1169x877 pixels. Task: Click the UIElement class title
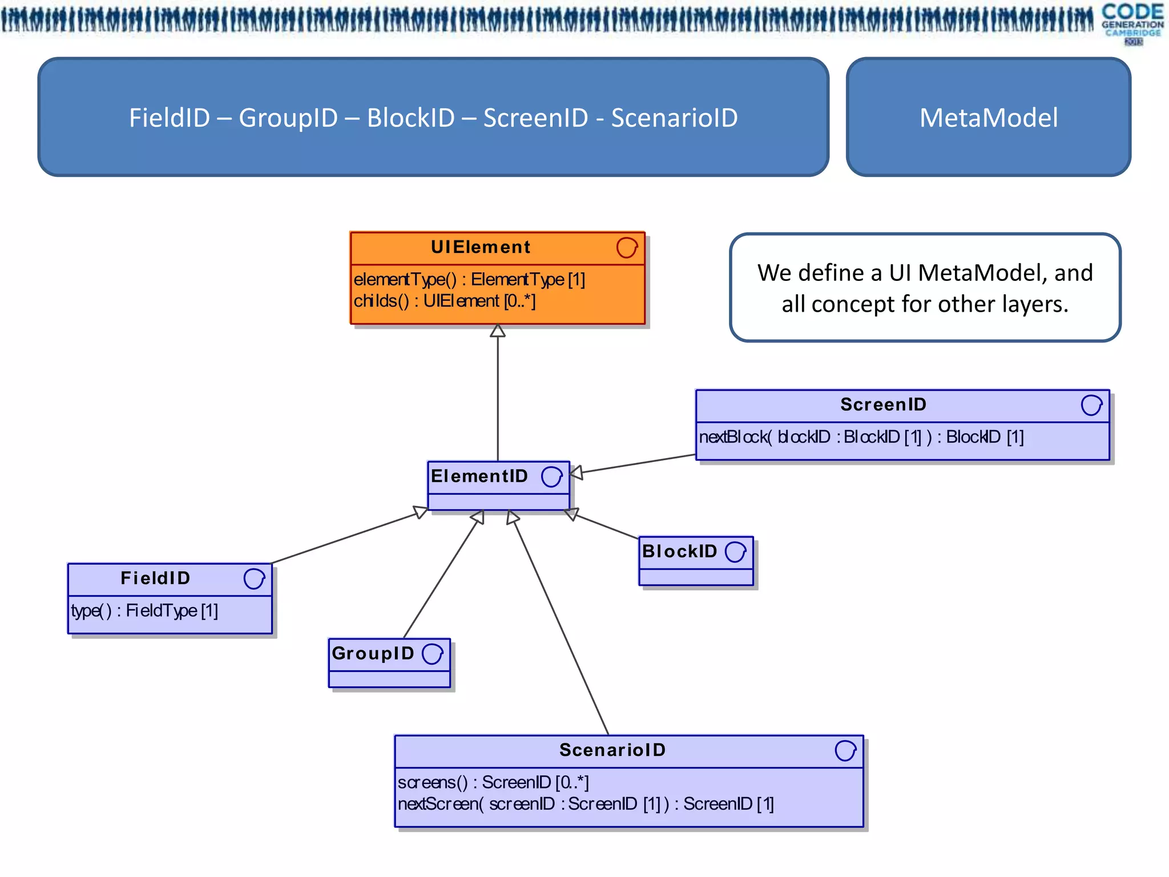tap(480, 247)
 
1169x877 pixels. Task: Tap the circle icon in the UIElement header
tap(626, 248)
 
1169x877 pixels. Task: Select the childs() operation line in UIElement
tap(444, 301)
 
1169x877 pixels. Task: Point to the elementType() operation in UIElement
tap(469, 279)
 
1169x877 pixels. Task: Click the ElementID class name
tap(479, 476)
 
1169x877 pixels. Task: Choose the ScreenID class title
tap(883, 405)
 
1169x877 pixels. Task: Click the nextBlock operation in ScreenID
tap(861, 437)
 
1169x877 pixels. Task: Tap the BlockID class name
tap(679, 552)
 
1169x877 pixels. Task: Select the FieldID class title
tap(155, 578)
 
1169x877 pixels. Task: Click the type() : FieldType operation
tap(144, 611)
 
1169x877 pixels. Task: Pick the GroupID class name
tap(373, 653)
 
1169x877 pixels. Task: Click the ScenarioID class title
tap(612, 750)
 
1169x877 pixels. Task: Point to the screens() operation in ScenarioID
tap(493, 782)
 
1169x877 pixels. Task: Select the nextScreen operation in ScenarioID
tap(585, 804)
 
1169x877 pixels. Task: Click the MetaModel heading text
tap(988, 118)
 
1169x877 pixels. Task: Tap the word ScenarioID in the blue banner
tap(674, 118)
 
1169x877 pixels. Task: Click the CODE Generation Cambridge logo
tap(1132, 23)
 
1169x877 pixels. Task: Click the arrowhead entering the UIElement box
tap(498, 331)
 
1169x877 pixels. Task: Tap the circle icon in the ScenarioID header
tap(845, 751)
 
